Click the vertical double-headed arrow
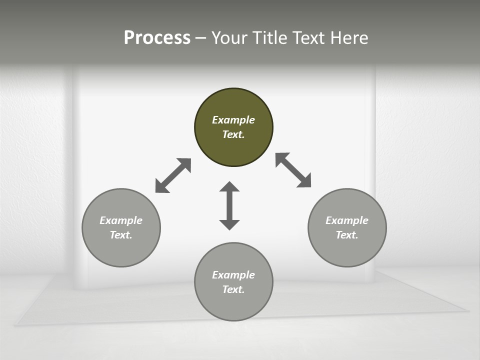click(229, 205)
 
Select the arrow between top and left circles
click(173, 175)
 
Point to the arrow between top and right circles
click(293, 170)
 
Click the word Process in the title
click(157, 38)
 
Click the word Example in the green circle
click(233, 120)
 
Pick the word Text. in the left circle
click(121, 235)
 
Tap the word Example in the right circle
click(347, 220)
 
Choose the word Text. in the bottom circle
click(233, 289)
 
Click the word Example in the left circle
click(121, 220)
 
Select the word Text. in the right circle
click(347, 235)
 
